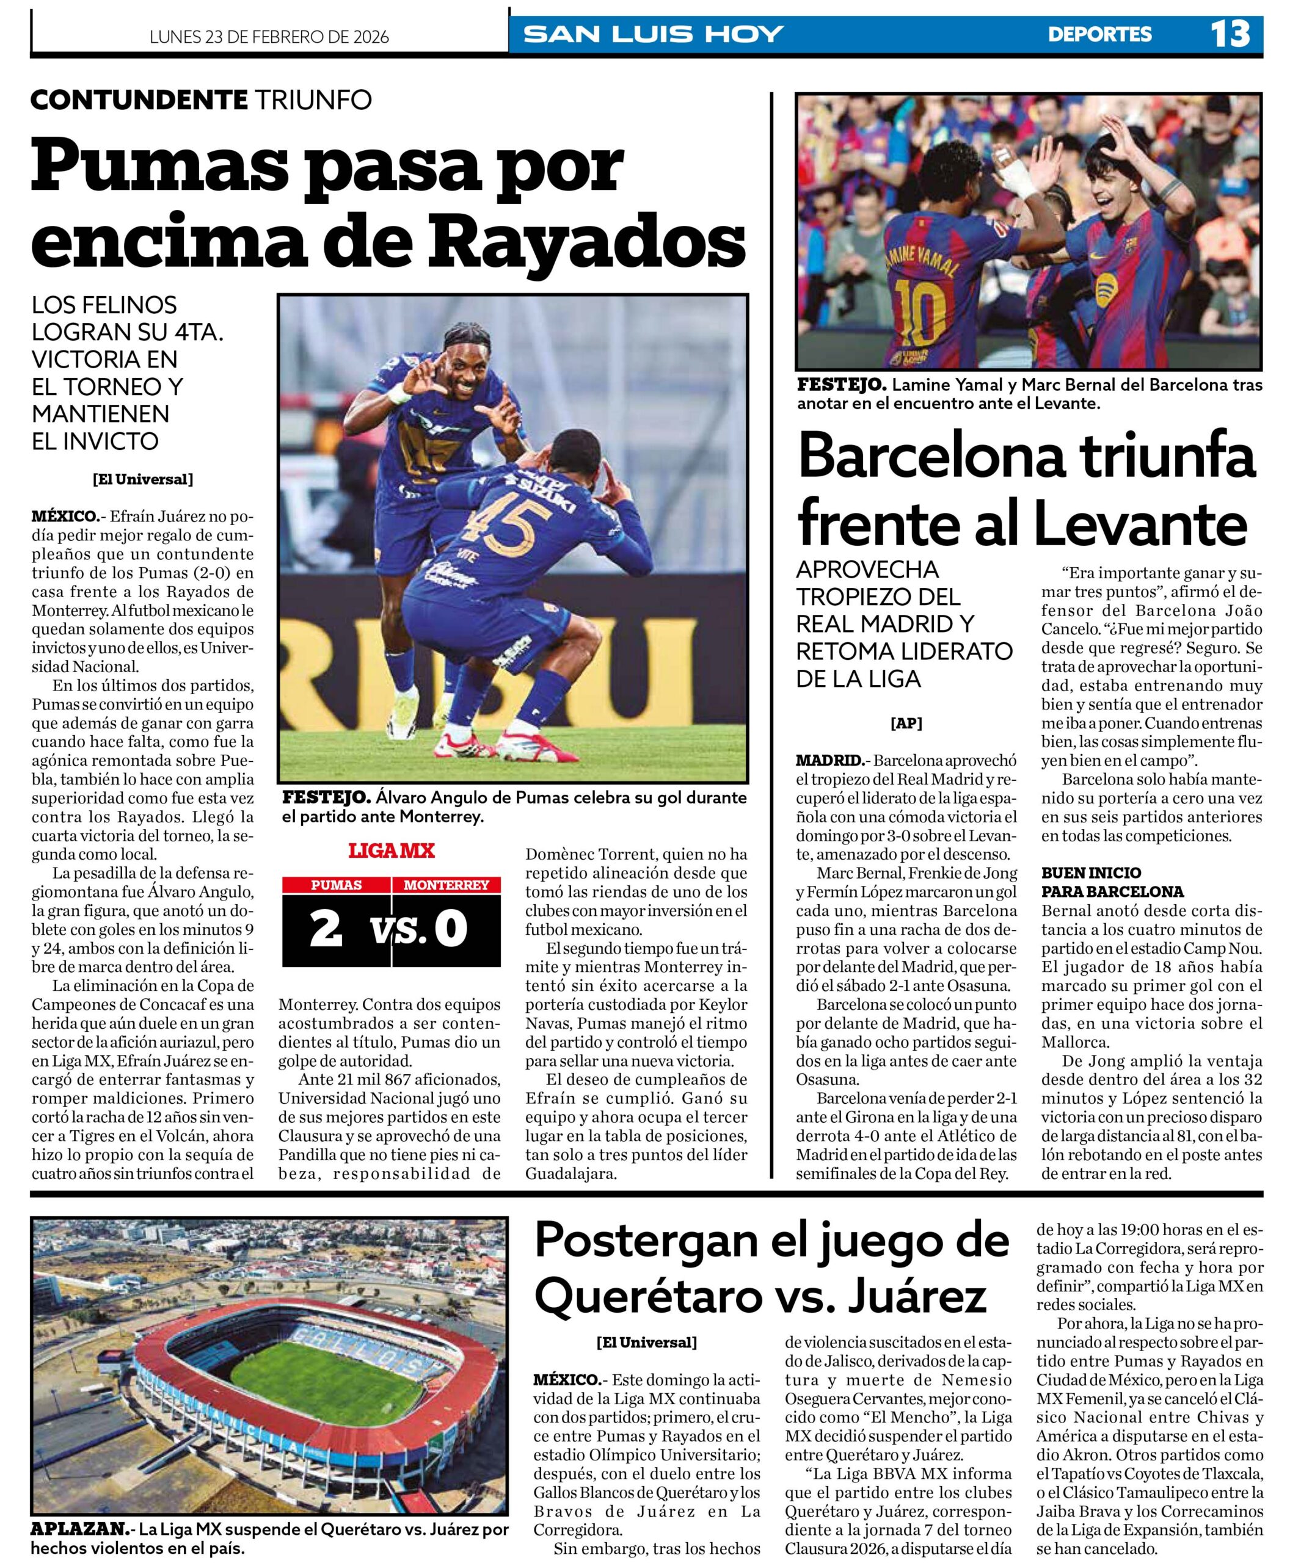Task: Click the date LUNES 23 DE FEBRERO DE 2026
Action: click(x=269, y=37)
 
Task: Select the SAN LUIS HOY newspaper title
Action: click(x=653, y=34)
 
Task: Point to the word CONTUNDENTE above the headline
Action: click(x=139, y=100)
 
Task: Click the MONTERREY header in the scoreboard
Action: click(x=446, y=885)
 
